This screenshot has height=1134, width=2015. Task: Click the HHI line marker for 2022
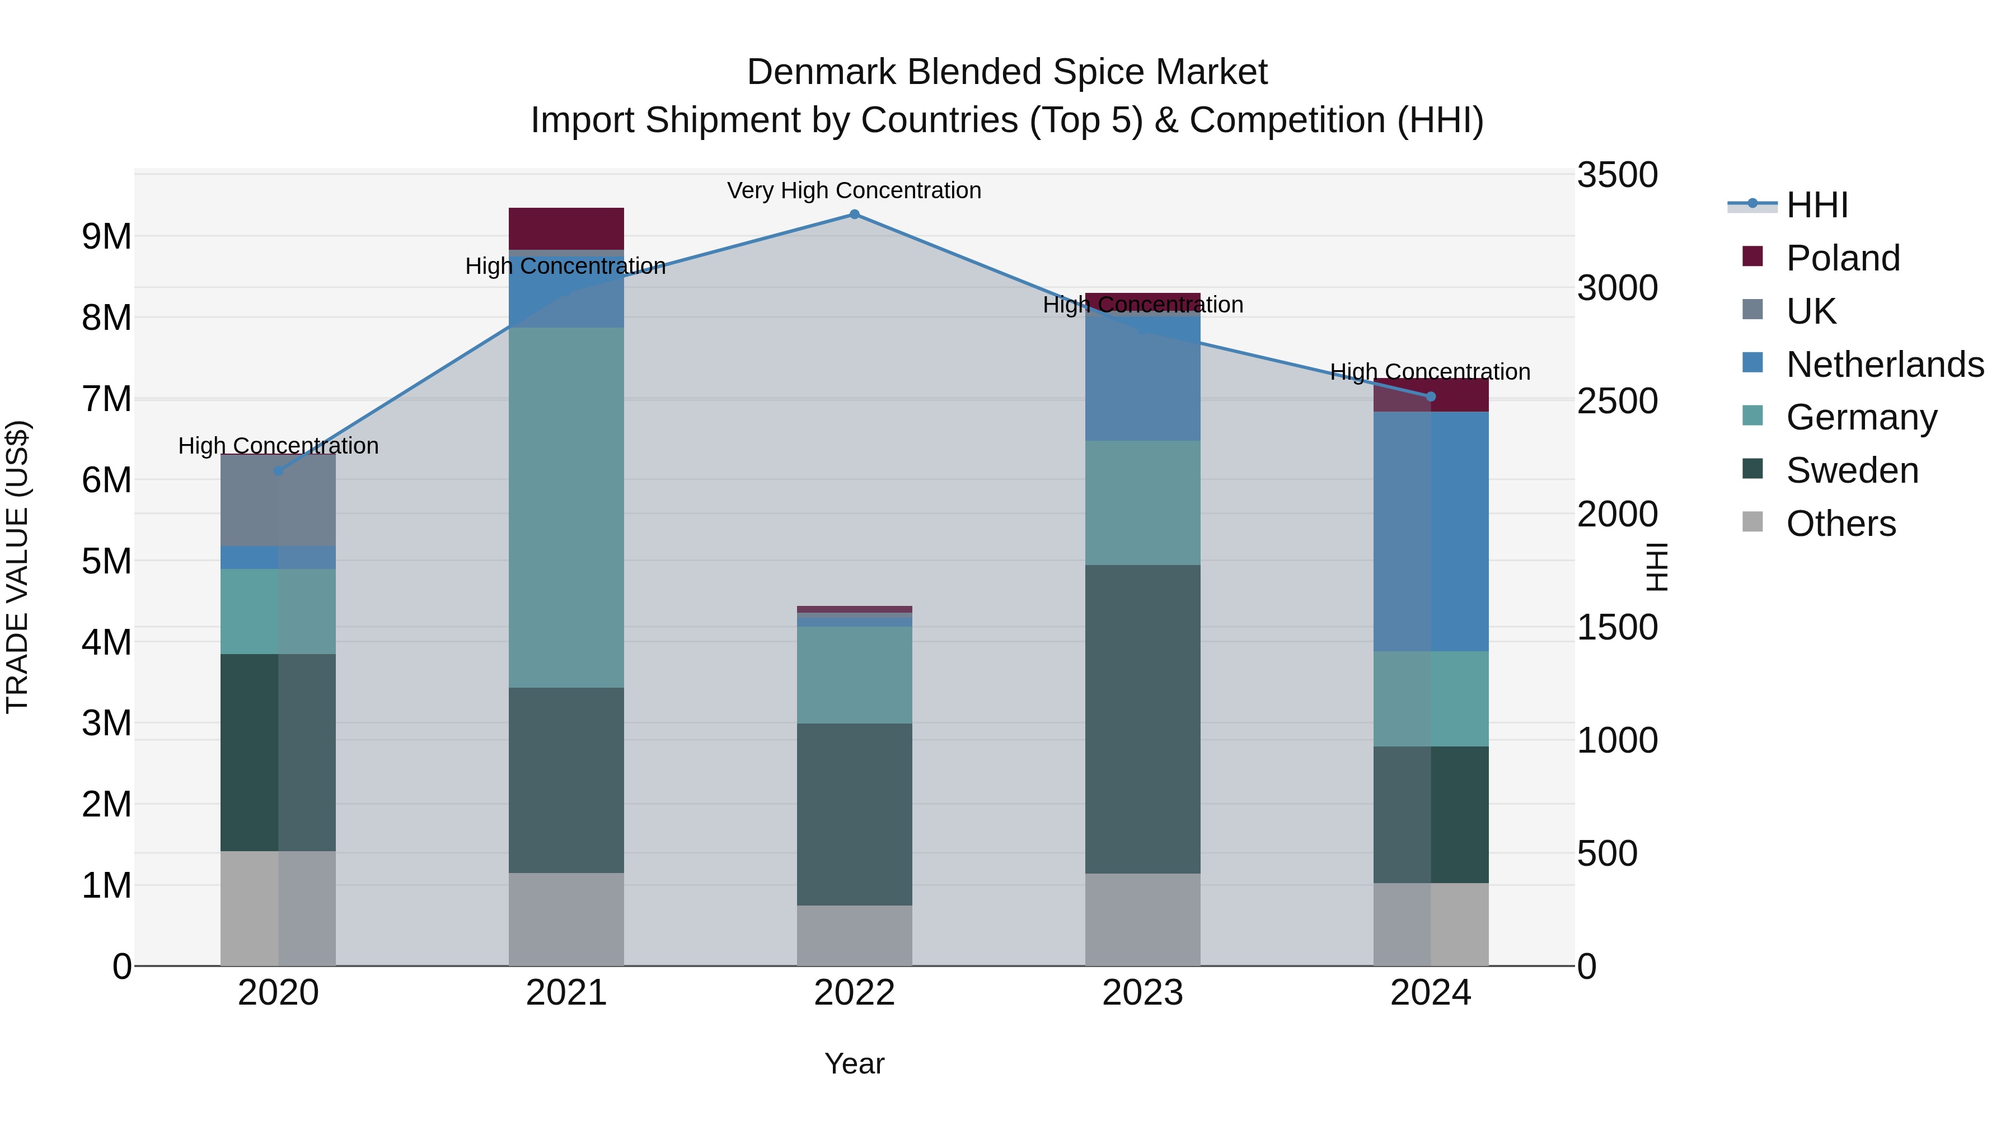tap(854, 214)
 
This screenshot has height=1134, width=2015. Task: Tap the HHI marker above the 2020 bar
tap(279, 470)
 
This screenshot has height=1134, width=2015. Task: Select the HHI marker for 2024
tap(1431, 397)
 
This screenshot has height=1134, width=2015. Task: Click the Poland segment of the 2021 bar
tap(566, 228)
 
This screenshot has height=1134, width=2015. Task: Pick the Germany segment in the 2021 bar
tap(566, 507)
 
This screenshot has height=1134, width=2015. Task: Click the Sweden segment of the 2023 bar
tap(1143, 718)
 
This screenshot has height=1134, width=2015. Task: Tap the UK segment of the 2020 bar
tap(279, 500)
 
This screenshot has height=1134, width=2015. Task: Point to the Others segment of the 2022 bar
tap(854, 935)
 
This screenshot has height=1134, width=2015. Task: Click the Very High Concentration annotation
tap(854, 190)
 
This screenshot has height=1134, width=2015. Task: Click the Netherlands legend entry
tap(1885, 365)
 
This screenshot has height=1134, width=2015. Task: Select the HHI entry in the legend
tap(1816, 205)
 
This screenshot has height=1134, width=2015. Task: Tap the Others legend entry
tap(1840, 524)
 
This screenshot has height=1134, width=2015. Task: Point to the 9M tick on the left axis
tap(106, 236)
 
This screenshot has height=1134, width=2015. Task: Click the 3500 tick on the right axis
tap(1616, 175)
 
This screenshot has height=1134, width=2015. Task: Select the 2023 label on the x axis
tap(1143, 993)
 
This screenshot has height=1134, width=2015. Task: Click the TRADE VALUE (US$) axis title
tap(17, 567)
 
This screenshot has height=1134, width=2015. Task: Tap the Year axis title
tap(854, 1063)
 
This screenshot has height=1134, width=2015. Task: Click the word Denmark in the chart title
tap(821, 72)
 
